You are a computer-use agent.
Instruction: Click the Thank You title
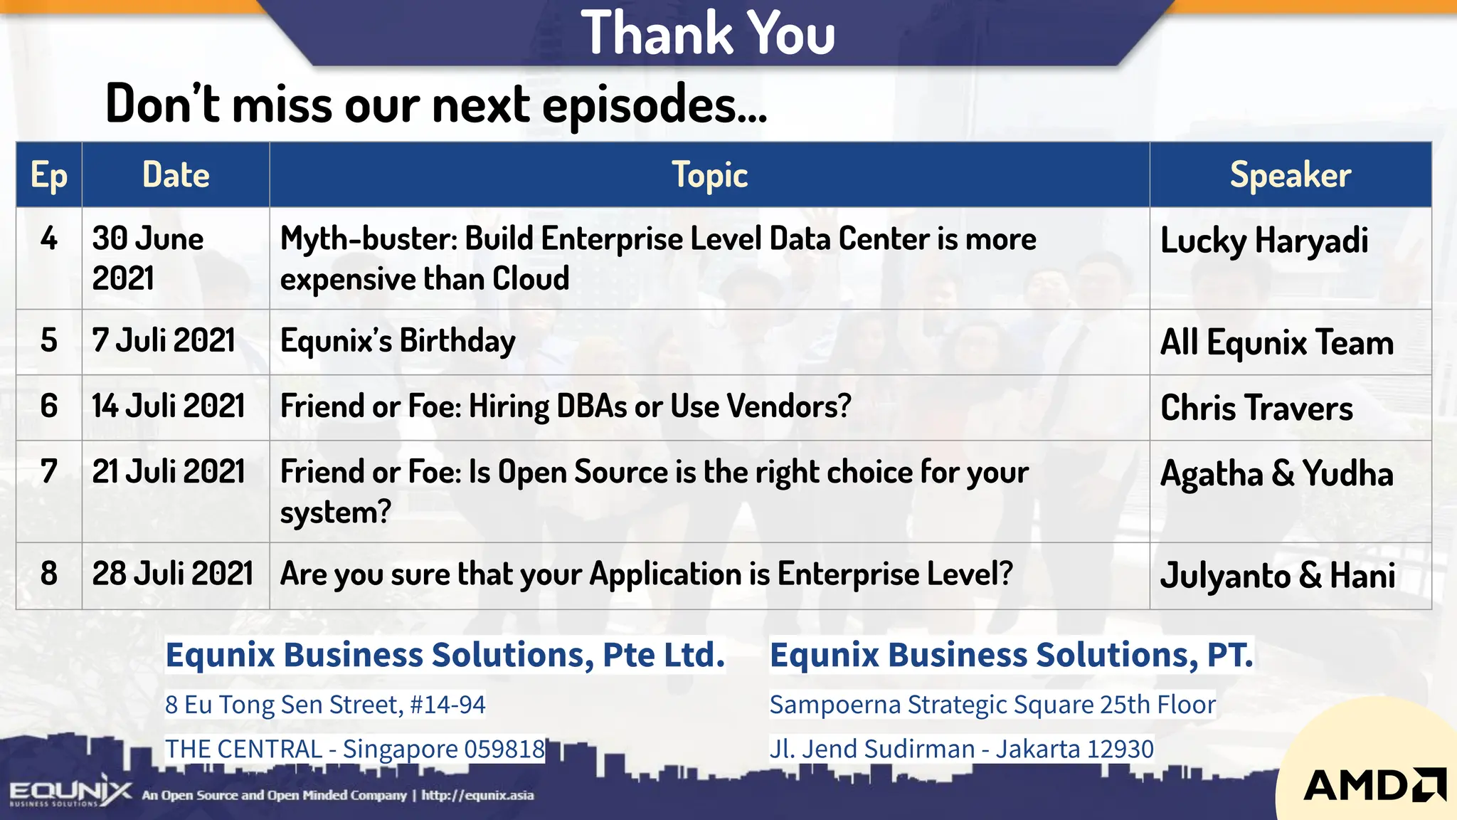pos(708,33)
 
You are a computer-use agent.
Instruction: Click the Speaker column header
pos(1290,175)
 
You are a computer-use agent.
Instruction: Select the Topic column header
pos(709,175)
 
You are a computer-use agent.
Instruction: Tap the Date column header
pos(176,175)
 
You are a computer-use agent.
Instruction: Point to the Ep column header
pos(49,175)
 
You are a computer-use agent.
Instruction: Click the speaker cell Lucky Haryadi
pos(1264,241)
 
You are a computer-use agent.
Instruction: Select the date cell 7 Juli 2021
pos(164,341)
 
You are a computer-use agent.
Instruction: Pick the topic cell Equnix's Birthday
pos(398,341)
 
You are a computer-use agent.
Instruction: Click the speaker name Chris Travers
pos(1256,408)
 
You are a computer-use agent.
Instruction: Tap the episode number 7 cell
pos(49,472)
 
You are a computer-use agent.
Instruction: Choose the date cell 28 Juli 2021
pos(173,574)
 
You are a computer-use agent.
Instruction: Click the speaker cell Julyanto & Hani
pos(1277,576)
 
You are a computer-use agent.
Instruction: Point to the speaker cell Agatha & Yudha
pos(1276,474)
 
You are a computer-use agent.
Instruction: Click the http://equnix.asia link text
pos(477,795)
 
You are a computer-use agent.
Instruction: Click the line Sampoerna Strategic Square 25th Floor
pos(992,705)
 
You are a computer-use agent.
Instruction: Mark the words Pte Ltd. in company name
pos(663,655)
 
